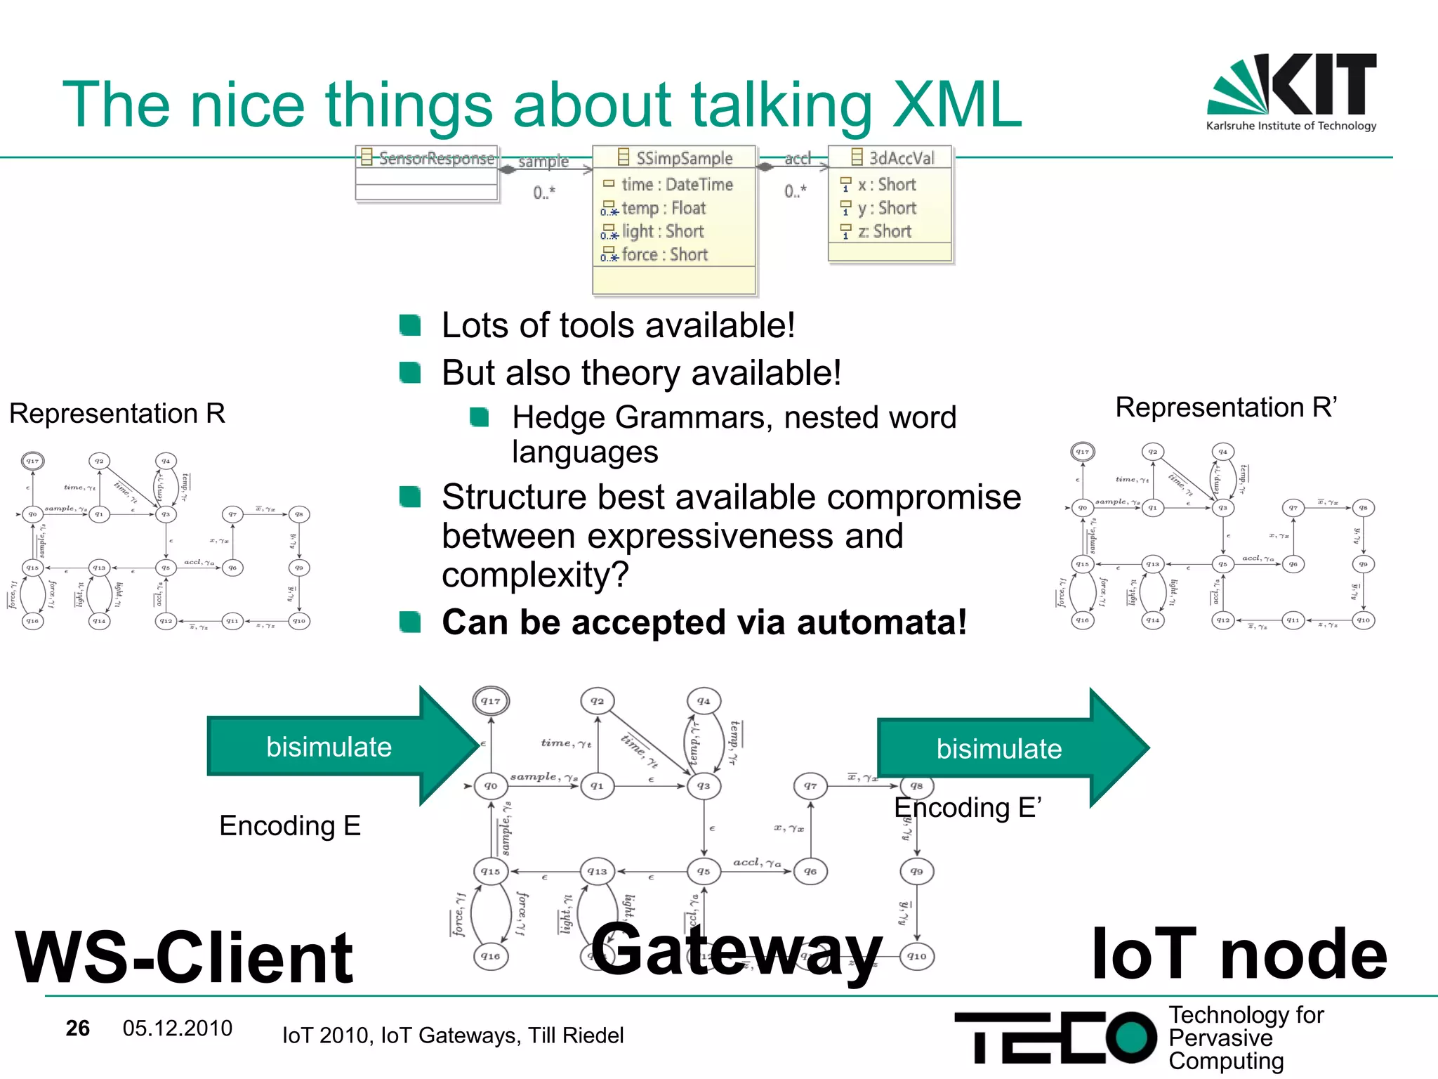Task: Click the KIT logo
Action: tap(1292, 91)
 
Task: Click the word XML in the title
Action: tap(956, 105)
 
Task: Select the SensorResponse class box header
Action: tap(428, 157)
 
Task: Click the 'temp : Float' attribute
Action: tap(663, 208)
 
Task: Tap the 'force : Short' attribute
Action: tap(664, 255)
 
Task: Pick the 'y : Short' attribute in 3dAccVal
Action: tap(886, 208)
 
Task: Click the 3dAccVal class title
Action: tap(900, 157)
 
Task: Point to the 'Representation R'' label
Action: tap(1226, 407)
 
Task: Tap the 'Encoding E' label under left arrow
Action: tap(290, 825)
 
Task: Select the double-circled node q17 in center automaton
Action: tap(491, 700)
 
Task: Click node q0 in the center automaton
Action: tap(491, 786)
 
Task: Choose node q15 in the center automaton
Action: tap(491, 871)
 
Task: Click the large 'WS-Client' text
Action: tap(184, 957)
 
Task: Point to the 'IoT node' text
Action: tap(1239, 954)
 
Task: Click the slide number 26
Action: tap(77, 1028)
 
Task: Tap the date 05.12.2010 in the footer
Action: tap(177, 1028)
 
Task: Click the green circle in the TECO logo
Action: tap(1130, 1037)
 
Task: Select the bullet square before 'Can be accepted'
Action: tap(409, 622)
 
